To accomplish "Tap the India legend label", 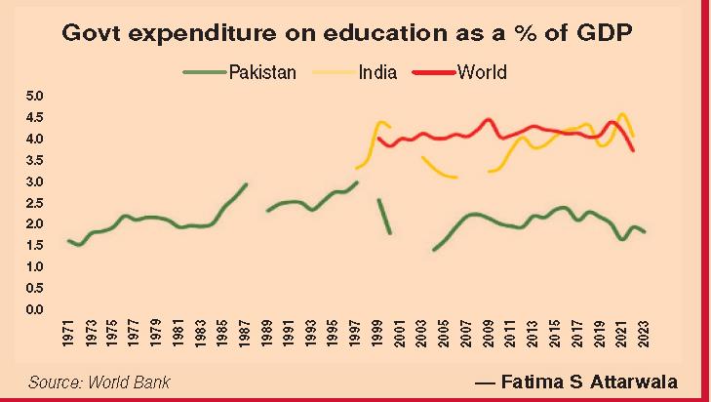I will tap(377, 71).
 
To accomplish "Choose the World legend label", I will tap(482, 71).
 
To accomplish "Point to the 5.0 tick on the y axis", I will tap(36, 96).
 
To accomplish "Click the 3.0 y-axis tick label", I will tap(36, 181).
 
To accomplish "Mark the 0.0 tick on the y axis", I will tap(36, 310).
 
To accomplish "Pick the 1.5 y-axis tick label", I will tap(36, 267).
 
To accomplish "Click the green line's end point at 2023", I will tap(644, 231).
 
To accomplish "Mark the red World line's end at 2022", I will tap(633, 150).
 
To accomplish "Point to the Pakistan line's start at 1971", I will tap(68, 240).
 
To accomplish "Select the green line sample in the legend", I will tap(204, 71).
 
